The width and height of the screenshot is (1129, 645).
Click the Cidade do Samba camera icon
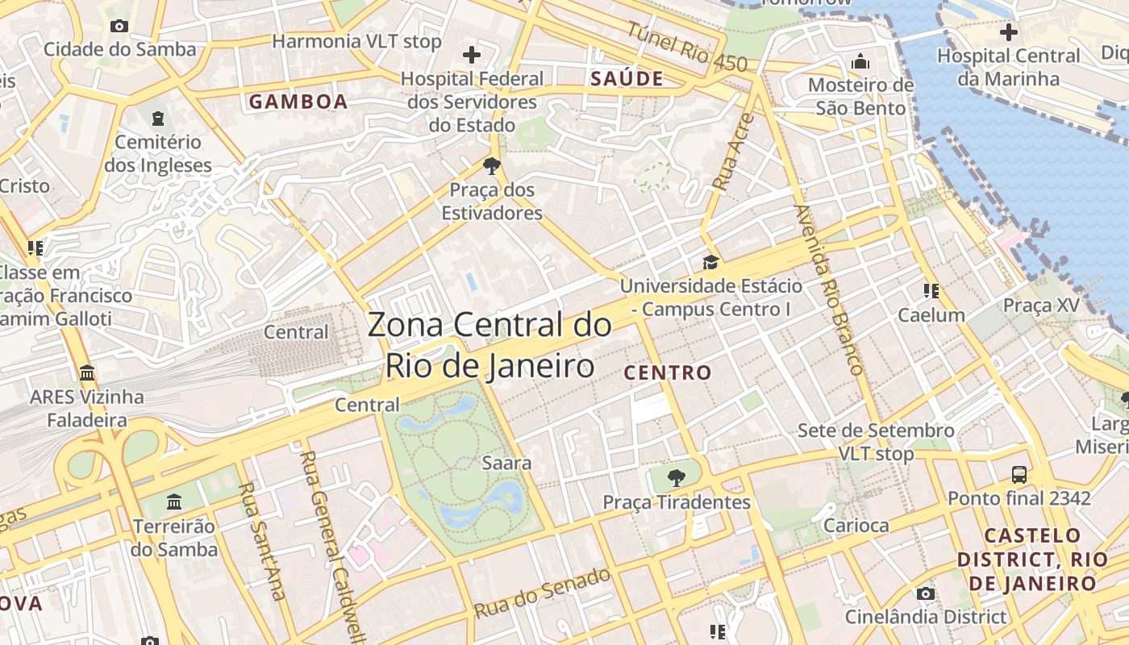pyautogui.click(x=119, y=26)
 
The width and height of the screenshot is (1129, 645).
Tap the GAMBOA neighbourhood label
pyautogui.click(x=298, y=102)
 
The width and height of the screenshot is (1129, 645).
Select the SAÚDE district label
pyautogui.click(x=627, y=78)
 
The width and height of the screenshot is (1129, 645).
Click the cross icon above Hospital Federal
pyautogui.click(x=472, y=55)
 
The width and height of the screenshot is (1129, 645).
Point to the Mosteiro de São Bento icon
pyautogui.click(x=860, y=61)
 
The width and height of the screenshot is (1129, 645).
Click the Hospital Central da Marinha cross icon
pyautogui.click(x=1008, y=32)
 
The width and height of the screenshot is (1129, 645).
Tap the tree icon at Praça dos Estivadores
pyautogui.click(x=491, y=167)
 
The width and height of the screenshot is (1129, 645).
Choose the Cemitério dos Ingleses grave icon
pyautogui.click(x=157, y=119)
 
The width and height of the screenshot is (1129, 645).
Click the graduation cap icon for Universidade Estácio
pyautogui.click(x=710, y=262)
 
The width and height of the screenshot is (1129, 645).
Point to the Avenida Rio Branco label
pyautogui.click(x=829, y=290)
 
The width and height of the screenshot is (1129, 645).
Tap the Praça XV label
pyautogui.click(x=1041, y=306)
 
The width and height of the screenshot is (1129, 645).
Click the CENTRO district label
pyautogui.click(x=668, y=372)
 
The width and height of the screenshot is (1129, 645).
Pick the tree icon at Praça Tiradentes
pyautogui.click(x=677, y=478)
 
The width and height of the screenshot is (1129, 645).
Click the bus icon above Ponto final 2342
pyautogui.click(x=1019, y=474)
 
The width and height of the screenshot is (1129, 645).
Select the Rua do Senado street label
pyautogui.click(x=542, y=593)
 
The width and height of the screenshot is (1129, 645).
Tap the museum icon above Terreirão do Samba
pyautogui.click(x=173, y=502)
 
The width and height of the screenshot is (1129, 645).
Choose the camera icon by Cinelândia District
pyautogui.click(x=926, y=594)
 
